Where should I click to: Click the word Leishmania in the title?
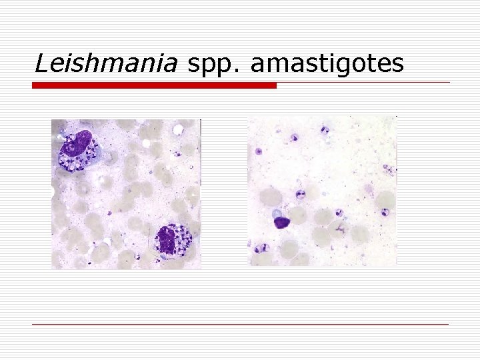106,63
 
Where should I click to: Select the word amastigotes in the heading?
327,64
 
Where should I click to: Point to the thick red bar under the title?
154,85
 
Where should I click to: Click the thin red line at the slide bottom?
240,324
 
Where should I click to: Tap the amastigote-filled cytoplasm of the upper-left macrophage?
73,161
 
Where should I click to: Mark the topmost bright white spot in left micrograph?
179,126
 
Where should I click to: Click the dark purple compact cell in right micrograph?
283,223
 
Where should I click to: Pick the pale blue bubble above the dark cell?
277,213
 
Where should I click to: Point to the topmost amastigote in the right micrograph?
325,130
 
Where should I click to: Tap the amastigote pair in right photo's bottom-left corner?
261,247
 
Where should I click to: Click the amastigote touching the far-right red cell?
385,213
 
